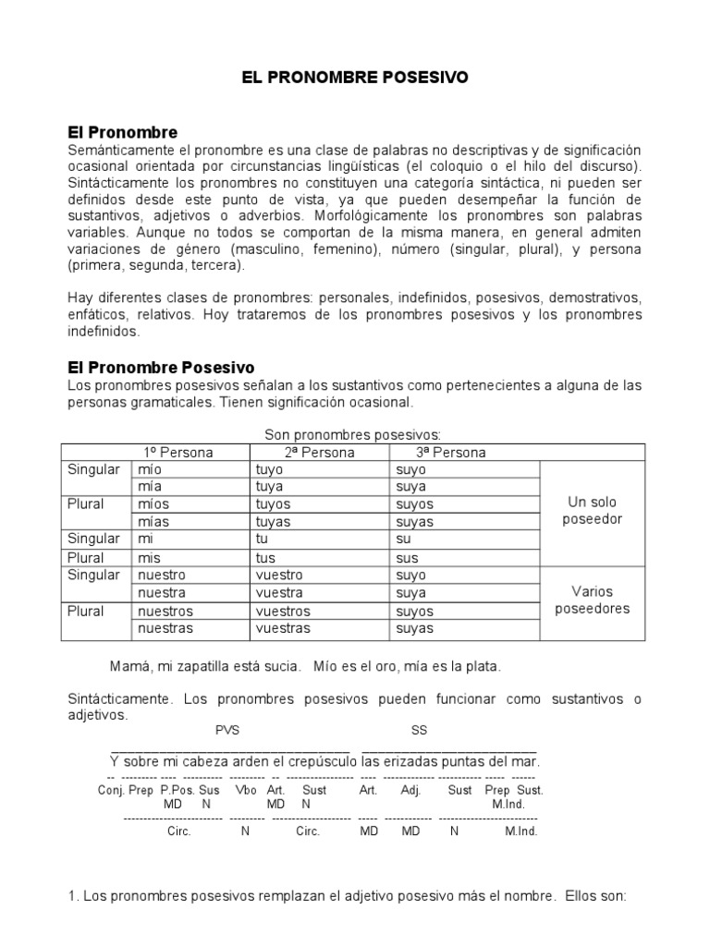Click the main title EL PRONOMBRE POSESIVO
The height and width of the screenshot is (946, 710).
point(355,79)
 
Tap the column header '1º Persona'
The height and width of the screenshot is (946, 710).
point(177,452)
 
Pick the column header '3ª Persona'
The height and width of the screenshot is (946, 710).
point(450,452)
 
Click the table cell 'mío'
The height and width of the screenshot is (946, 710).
point(149,469)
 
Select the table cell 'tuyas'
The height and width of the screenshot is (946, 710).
point(273,522)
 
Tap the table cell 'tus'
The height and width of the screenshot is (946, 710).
point(264,557)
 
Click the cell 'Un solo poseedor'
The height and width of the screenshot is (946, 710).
point(593,511)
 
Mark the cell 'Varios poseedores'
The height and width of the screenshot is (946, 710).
point(593,600)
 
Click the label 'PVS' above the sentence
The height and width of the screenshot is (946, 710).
point(227,730)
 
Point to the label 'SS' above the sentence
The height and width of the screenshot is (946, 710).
point(420,730)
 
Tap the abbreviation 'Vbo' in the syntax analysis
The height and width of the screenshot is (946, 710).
point(246,790)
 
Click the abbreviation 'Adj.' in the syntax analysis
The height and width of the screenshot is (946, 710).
point(410,790)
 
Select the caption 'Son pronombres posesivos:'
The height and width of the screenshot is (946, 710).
point(352,434)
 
